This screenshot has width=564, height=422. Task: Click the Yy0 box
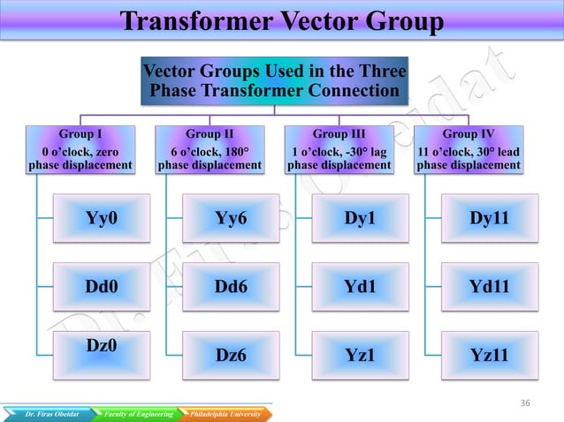(103, 218)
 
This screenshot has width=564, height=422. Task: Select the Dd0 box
(103, 286)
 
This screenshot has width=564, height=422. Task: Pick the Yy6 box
(231, 218)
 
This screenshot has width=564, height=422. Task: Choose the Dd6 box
(231, 286)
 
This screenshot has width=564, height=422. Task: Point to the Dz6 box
(231, 355)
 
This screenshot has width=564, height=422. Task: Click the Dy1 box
(360, 218)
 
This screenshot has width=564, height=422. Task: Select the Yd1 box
(360, 286)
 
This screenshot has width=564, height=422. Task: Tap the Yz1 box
(360, 355)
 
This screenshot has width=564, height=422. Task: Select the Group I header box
(81, 149)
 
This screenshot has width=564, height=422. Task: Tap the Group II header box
(210, 149)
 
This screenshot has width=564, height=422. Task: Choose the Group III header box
(339, 149)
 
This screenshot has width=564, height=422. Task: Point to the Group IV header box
(468, 149)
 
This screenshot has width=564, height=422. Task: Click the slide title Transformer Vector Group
(281, 21)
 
